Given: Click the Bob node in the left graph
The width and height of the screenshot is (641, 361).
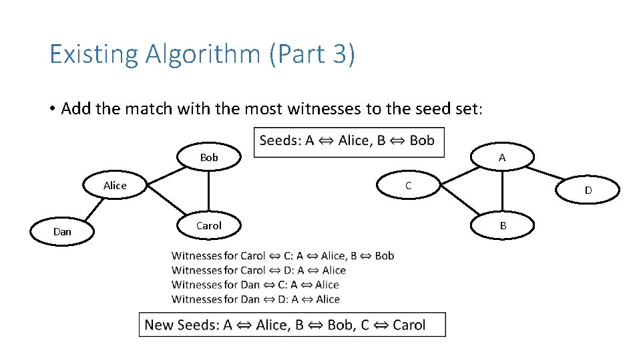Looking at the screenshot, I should coord(209,158).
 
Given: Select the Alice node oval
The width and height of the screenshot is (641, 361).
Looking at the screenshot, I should coord(115,186).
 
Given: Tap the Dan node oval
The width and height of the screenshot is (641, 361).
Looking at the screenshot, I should coord(62,232).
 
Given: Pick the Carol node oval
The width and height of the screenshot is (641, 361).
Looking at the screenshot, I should coord(209,226).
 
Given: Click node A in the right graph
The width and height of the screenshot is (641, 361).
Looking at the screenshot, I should coord(502,158).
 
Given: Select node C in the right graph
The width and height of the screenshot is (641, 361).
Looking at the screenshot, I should coord(409,186).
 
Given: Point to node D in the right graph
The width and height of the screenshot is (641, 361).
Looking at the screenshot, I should coord(588,191).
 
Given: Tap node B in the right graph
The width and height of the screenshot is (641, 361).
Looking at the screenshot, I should coord(503,226).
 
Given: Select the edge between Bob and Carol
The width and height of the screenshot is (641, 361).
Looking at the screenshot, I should coord(209,192).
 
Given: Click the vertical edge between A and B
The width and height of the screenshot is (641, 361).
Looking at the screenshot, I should coord(503,192).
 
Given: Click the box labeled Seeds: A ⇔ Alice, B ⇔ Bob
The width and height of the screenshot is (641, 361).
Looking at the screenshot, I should coord(349,141).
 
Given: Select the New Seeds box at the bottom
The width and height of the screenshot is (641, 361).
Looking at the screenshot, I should coord(292,325).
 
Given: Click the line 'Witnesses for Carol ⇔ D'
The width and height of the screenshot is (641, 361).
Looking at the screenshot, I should coord(258,271).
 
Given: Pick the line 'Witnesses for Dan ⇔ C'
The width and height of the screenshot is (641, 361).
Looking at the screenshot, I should coord(255,285).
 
